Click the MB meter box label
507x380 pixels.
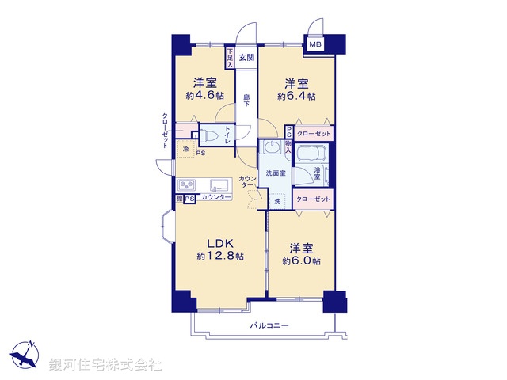315,45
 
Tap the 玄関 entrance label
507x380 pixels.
246,57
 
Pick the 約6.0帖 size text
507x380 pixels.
302,260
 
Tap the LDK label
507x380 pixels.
219,242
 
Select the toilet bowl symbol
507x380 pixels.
207,135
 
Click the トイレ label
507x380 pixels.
228,135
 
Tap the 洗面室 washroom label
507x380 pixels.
276,173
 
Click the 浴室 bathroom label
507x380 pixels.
317,175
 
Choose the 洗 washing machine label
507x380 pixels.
277,203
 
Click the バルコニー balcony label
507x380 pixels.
269,325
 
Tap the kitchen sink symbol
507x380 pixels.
218,184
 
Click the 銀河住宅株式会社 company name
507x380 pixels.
105,365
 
